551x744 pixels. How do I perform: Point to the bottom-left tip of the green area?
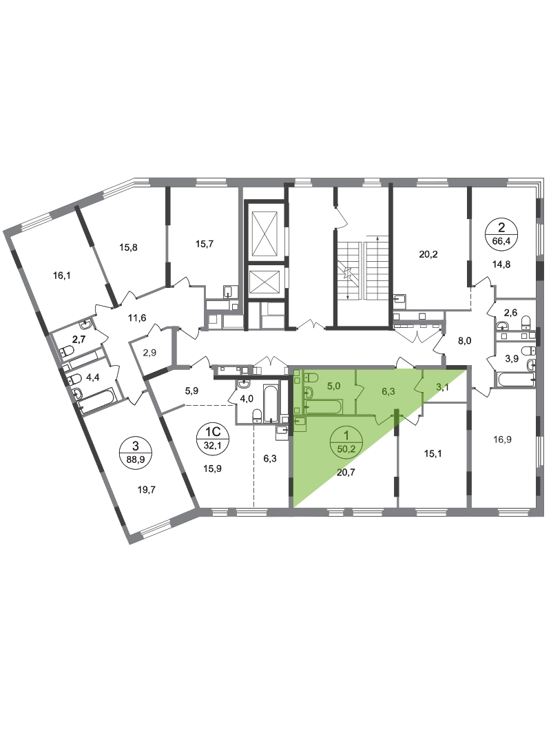pyautogui.click(x=296, y=500)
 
